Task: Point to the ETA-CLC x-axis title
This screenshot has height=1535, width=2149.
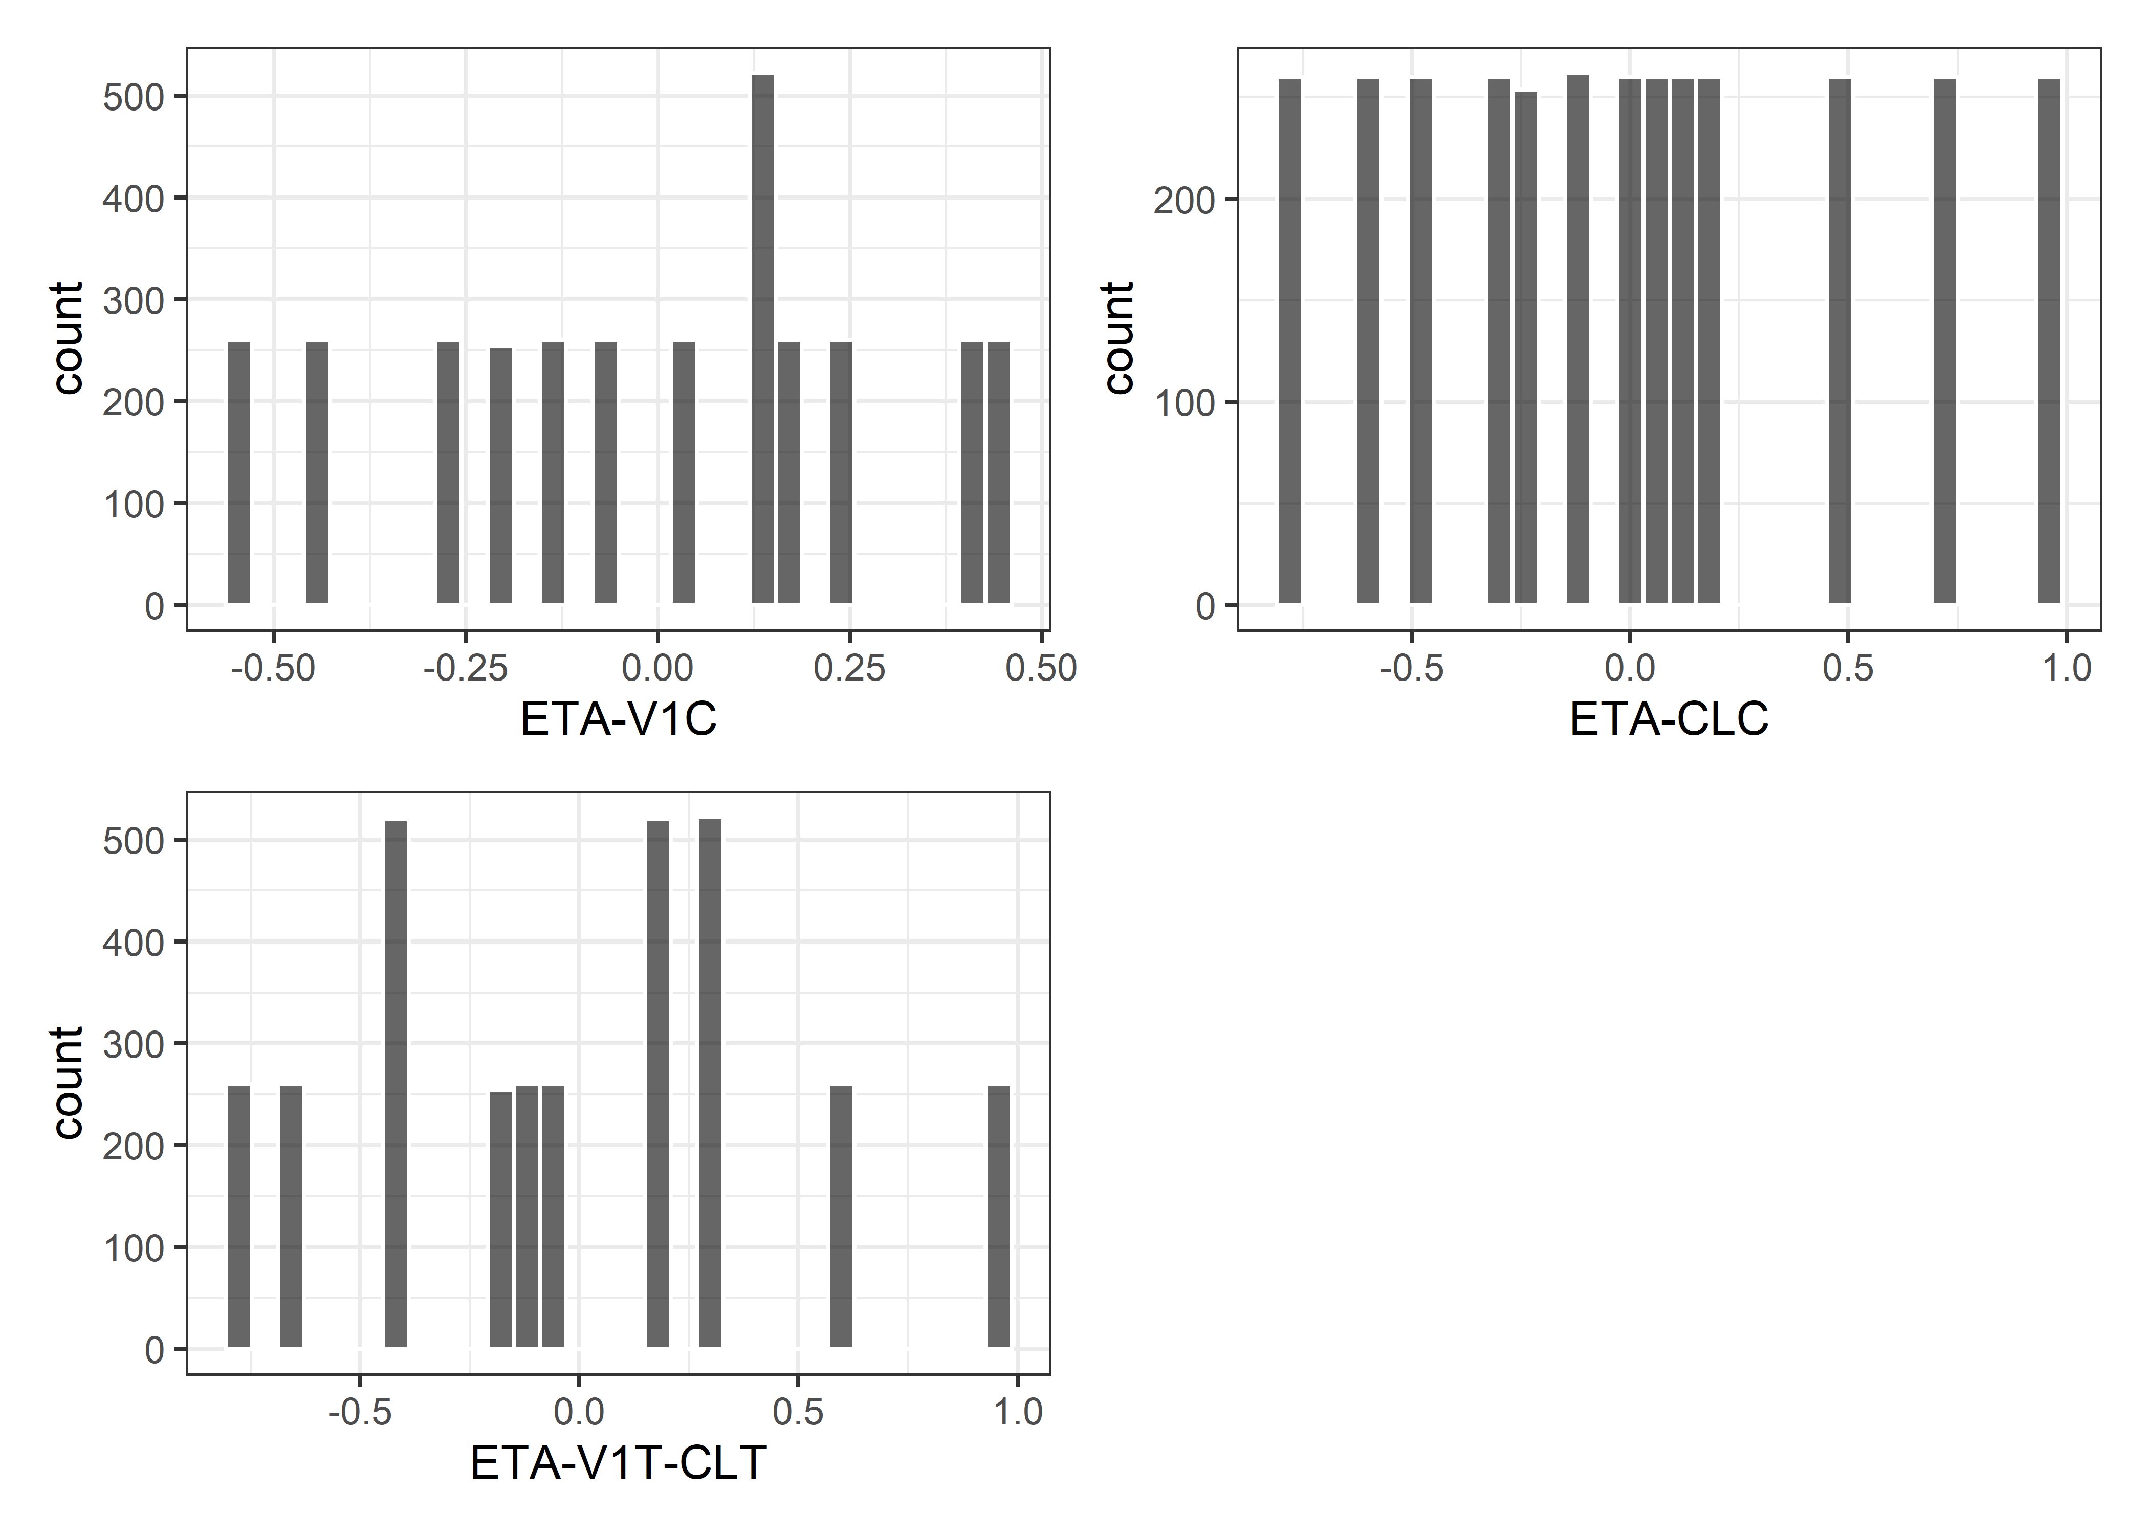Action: click(x=1669, y=719)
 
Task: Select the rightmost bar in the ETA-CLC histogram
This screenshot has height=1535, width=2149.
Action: click(x=2049, y=340)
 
